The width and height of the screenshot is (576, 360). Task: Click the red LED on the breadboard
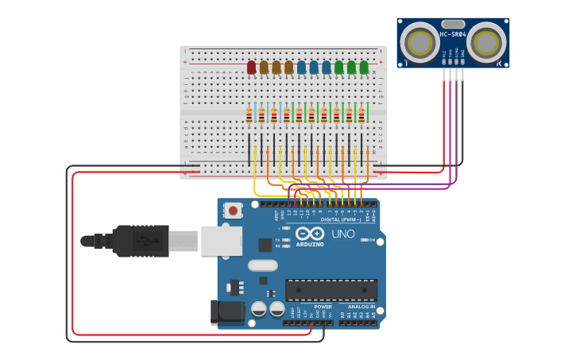(x=251, y=68)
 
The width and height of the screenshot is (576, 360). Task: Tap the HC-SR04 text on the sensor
(x=452, y=34)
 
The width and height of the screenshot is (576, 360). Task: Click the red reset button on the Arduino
(x=234, y=211)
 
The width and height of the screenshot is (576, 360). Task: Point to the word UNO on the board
(x=342, y=234)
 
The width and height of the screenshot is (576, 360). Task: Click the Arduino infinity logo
(x=310, y=234)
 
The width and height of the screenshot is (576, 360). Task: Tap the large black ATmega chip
(x=331, y=289)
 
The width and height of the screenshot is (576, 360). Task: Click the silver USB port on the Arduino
(x=221, y=240)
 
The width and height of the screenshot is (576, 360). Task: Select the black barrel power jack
(x=226, y=312)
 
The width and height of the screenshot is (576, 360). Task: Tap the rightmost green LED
(x=364, y=68)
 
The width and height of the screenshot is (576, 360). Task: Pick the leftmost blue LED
(x=301, y=68)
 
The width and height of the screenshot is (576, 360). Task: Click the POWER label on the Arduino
(x=323, y=306)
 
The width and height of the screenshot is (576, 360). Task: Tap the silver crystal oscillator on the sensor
(x=453, y=24)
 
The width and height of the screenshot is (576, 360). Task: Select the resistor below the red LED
(x=249, y=116)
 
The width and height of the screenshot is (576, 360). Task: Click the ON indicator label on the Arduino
(x=371, y=239)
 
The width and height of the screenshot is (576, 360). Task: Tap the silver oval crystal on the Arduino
(x=263, y=265)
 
